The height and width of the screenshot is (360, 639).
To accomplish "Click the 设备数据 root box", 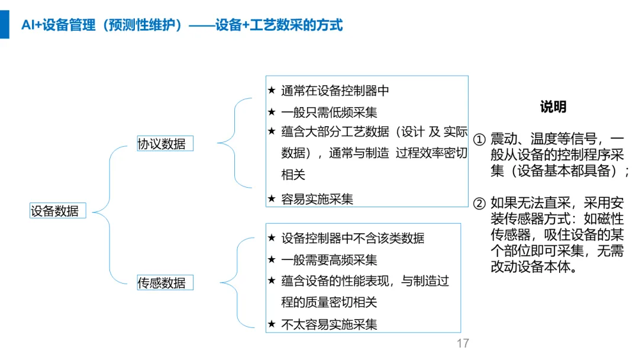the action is [x=57, y=211].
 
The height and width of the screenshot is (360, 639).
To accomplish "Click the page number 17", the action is [x=463, y=343].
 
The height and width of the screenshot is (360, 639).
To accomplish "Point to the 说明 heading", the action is [x=553, y=107].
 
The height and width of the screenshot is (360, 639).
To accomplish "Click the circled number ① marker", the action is [x=480, y=140].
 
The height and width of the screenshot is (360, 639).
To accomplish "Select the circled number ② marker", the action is [x=480, y=203].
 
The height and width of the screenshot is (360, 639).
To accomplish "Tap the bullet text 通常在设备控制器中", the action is [x=335, y=91].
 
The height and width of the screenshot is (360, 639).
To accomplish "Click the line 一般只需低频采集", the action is [x=329, y=112].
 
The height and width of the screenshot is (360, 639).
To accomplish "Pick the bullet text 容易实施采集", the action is [x=317, y=199].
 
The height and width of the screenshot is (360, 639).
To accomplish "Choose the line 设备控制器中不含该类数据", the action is [x=353, y=238].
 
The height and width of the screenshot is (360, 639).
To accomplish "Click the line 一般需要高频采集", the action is [x=329, y=259].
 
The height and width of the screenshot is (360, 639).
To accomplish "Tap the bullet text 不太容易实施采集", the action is [x=329, y=324].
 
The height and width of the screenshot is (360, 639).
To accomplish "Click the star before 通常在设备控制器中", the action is [x=272, y=91].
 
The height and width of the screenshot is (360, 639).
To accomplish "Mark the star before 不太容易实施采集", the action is [x=272, y=324].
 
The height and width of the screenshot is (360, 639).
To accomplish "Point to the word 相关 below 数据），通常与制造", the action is [x=293, y=175].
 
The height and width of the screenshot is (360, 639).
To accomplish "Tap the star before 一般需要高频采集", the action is [x=272, y=259].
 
